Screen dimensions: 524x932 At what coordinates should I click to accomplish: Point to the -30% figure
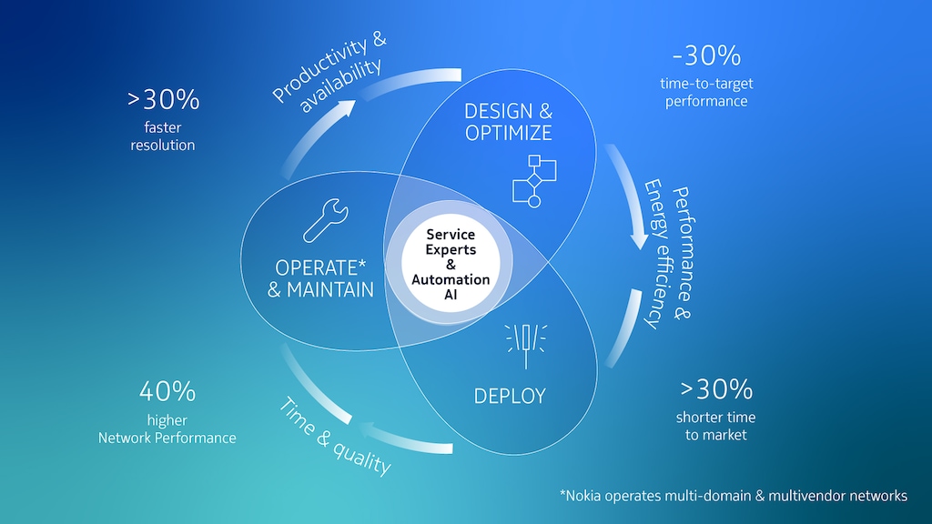click(x=705, y=55)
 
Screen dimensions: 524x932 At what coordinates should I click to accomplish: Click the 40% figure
click(x=167, y=392)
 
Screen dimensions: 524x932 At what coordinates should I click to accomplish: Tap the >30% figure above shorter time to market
click(x=715, y=389)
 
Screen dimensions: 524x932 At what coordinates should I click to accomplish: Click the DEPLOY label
click(x=510, y=396)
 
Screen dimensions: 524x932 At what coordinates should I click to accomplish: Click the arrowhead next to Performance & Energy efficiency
click(x=640, y=239)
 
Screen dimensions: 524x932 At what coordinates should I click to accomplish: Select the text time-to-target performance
click(x=706, y=92)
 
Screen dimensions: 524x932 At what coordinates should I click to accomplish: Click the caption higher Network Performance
click(x=167, y=428)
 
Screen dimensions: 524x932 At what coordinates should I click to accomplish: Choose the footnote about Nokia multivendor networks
click(x=733, y=496)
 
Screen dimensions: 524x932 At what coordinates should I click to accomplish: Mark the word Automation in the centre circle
click(x=451, y=279)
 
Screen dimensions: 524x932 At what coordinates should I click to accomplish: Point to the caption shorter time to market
click(x=715, y=426)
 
